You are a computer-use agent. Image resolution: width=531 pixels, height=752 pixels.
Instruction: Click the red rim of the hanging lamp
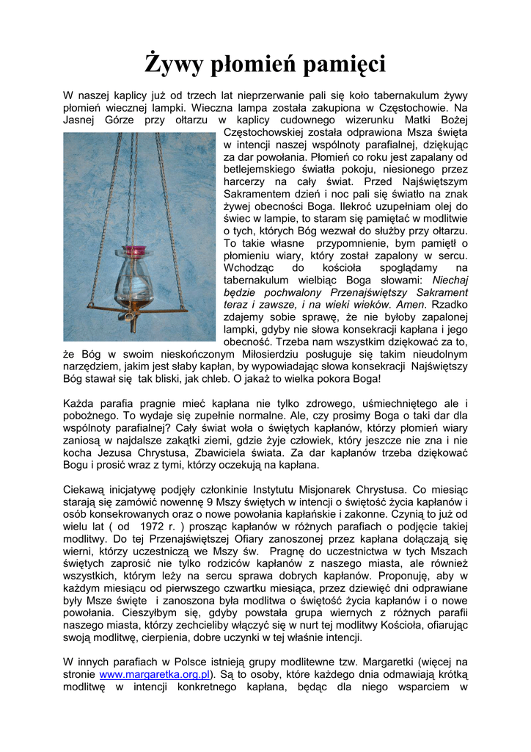(x=134, y=250)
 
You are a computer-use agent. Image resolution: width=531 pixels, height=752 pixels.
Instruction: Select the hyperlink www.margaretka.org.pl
(x=155, y=673)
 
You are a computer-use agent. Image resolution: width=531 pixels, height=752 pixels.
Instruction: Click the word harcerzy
(x=246, y=181)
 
